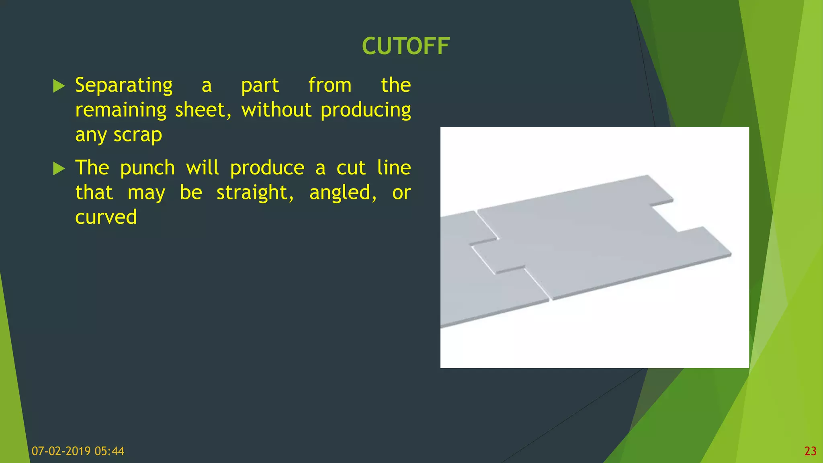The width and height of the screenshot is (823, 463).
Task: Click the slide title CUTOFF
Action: pos(405,46)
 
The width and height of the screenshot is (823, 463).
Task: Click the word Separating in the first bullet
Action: pos(124,86)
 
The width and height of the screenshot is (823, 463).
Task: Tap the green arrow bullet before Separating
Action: pos(59,86)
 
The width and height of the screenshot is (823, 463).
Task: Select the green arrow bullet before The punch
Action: pos(59,168)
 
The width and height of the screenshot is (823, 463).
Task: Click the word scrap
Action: pos(137,135)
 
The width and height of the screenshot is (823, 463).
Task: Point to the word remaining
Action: pos(121,110)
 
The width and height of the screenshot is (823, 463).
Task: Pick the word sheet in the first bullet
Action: pos(203,110)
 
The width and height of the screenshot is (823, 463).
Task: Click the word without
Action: pos(276,110)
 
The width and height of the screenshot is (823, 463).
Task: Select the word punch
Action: pos(147,168)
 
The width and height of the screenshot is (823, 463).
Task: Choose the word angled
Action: pos(342,193)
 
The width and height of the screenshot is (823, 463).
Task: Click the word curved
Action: pos(106,217)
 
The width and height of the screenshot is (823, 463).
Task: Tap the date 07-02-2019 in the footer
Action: pos(61,451)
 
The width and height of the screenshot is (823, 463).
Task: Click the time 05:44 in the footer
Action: pos(109,451)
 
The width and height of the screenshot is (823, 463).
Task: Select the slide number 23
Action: pos(810,451)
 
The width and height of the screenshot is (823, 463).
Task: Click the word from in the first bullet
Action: pos(330,86)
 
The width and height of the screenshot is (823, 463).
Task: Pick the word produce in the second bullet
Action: pos(267,168)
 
